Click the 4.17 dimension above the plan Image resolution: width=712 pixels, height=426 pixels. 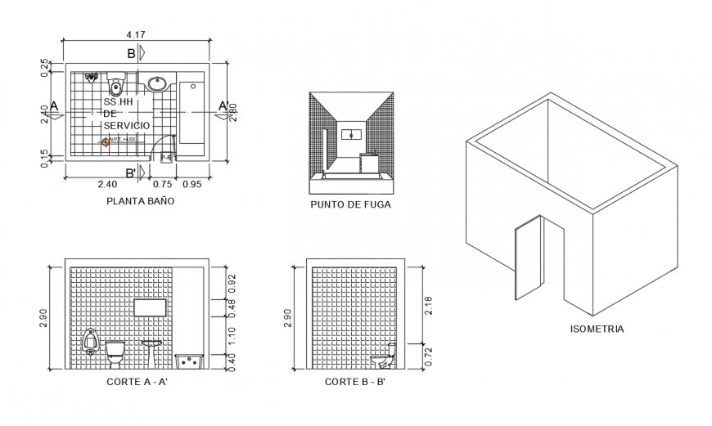pos(137,34)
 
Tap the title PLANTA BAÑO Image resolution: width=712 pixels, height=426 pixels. pos(139,200)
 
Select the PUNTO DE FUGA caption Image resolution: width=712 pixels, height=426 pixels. pos(350,205)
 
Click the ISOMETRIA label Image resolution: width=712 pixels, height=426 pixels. pos(597,330)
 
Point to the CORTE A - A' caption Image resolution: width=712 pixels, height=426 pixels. pos(137,382)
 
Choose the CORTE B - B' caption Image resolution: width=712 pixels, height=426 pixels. pos(354,382)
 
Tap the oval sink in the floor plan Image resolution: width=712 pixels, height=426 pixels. pos(157,83)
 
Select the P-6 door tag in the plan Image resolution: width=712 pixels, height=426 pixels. pos(165,156)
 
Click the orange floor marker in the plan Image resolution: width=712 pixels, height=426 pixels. pos(105,142)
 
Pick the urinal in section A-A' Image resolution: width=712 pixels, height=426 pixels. pos(90,342)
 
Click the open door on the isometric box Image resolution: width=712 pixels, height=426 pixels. pos(528,261)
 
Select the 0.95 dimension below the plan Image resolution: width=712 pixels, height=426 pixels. pos(192,184)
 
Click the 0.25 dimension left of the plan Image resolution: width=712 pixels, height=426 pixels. pos(46,66)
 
